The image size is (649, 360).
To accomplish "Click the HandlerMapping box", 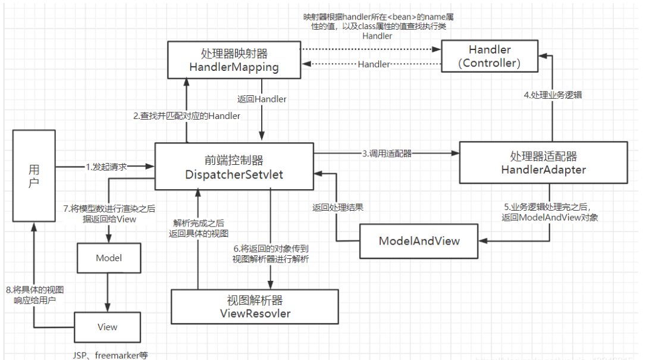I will (234, 59).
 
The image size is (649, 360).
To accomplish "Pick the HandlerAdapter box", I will (543, 162).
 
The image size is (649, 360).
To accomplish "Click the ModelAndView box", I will (419, 240).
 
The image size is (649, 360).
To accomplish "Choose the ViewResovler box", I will (255, 306).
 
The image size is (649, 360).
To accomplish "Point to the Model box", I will (108, 258).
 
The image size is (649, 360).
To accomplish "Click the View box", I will (108, 327).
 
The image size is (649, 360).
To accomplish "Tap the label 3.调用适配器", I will (386, 153).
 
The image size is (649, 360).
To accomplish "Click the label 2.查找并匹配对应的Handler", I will (186, 116).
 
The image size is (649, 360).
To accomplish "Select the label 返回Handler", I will (262, 99).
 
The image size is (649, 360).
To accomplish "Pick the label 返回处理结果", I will (338, 208).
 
